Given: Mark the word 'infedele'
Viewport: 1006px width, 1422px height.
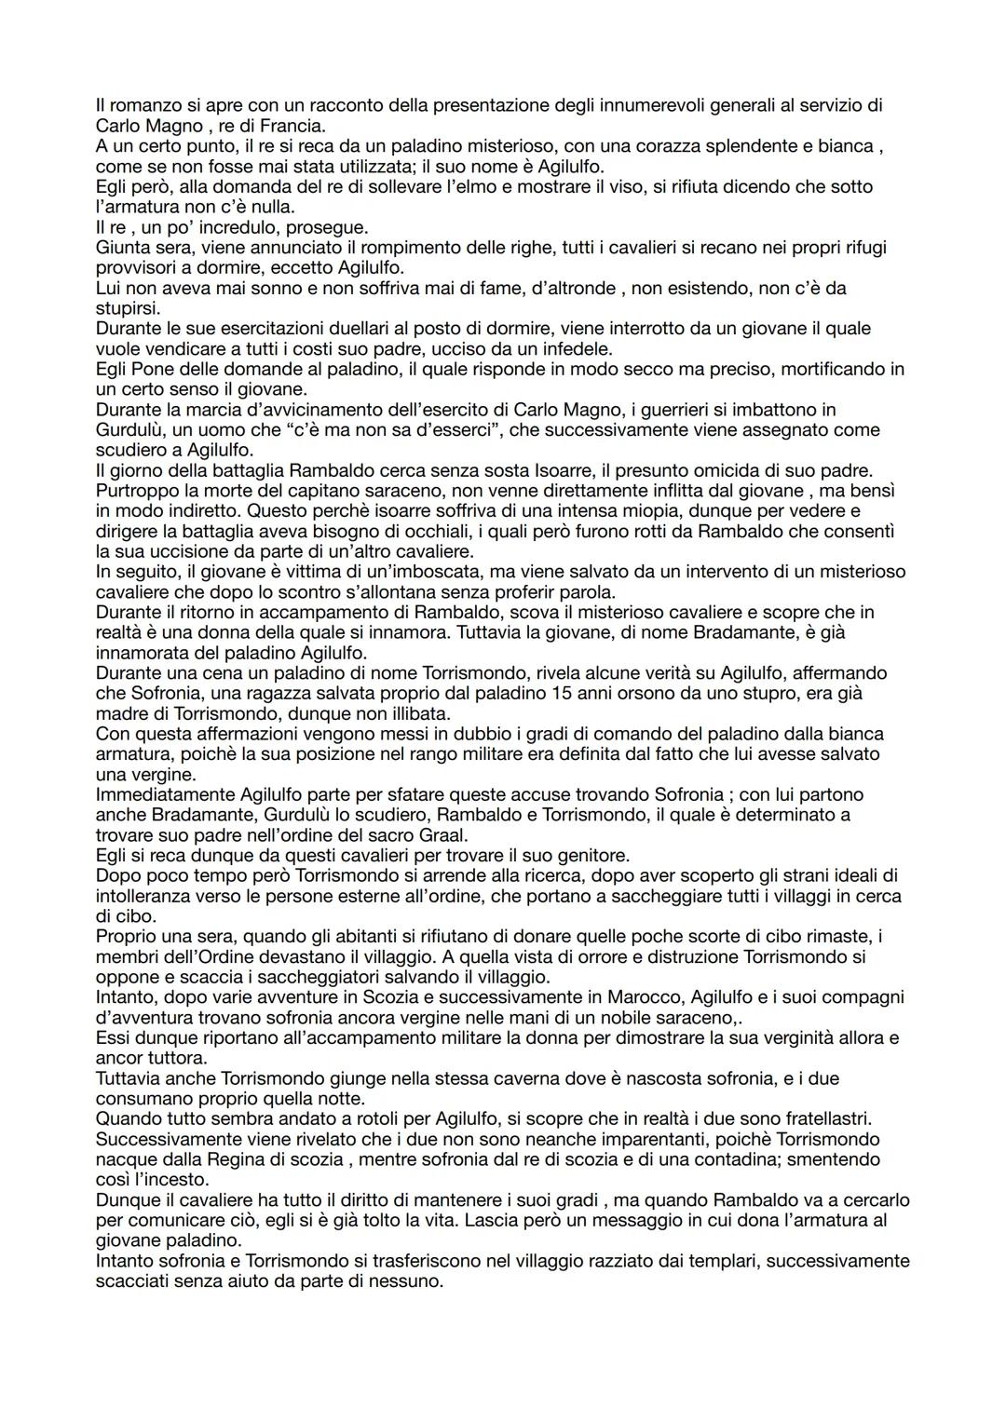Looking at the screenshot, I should (577, 349).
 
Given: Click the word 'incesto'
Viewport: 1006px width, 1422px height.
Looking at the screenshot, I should (178, 1180).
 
